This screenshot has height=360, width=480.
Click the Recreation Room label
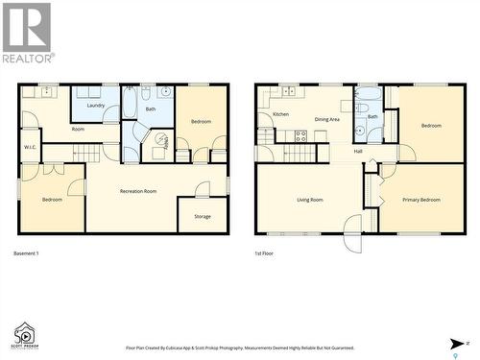138,191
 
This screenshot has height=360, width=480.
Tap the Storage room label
203,216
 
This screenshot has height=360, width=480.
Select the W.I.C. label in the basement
31,147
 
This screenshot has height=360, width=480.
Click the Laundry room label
95,106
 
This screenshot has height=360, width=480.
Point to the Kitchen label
280,114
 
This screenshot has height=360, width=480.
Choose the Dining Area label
327,119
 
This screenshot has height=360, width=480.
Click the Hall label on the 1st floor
358,151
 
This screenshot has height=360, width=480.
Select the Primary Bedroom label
421,199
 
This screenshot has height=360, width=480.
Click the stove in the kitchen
300,135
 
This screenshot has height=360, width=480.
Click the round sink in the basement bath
165,92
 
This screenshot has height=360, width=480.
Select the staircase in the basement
87,154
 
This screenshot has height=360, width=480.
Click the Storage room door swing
202,189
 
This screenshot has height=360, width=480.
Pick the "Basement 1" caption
26,252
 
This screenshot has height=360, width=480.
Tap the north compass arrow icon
457,343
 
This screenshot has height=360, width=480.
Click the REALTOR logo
27,33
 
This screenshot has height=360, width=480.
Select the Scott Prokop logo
24,336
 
